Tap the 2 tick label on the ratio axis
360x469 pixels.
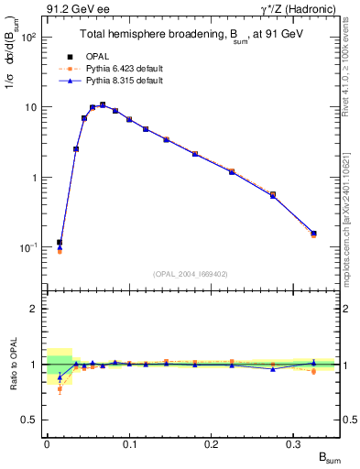point(35,309)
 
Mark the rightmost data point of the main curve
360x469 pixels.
point(313,234)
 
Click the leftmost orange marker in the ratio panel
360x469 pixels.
point(60,389)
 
